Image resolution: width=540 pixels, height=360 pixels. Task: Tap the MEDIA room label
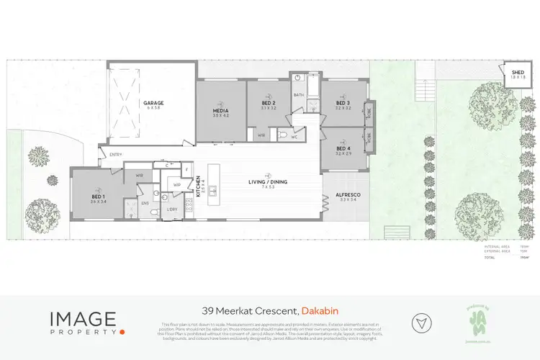tap(220, 112)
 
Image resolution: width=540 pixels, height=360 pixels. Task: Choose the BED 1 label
tap(99, 199)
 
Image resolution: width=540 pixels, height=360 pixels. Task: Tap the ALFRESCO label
tap(348, 197)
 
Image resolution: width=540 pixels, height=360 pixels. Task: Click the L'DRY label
tap(172, 209)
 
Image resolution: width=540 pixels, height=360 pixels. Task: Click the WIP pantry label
tap(177, 185)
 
